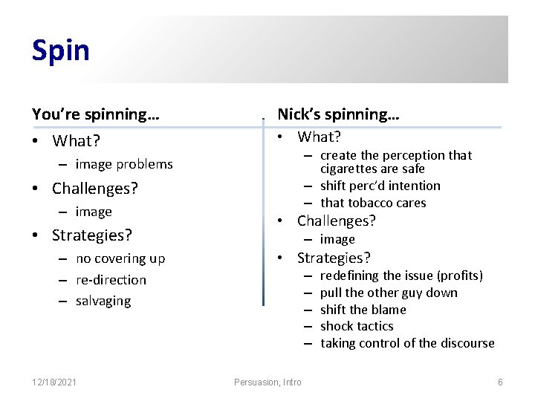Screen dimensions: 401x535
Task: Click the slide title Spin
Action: [x=60, y=50]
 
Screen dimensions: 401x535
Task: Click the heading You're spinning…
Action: [x=95, y=114]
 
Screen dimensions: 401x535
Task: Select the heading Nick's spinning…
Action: [x=338, y=114]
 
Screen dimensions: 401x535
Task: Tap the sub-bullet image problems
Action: [x=123, y=164]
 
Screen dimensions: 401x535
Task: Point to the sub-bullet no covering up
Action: [x=120, y=258]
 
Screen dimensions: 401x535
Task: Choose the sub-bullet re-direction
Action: [x=111, y=280]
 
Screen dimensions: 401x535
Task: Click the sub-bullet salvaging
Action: [x=103, y=301]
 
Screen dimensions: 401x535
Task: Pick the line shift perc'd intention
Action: [x=380, y=186]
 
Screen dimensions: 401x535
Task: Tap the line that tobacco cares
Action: [x=373, y=203]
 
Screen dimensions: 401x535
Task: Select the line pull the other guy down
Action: [x=389, y=293]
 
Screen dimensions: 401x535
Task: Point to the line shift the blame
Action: [x=363, y=310]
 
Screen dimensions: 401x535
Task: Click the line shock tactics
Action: [x=357, y=326]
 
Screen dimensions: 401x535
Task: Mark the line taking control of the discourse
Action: [x=407, y=343]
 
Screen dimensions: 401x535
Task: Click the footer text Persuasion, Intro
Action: [x=267, y=382]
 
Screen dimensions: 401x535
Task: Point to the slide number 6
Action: [x=500, y=382]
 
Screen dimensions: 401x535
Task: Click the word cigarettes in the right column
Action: [x=347, y=169]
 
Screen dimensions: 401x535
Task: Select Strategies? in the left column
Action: [x=91, y=235]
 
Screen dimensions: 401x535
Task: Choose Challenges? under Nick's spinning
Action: [x=337, y=221]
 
